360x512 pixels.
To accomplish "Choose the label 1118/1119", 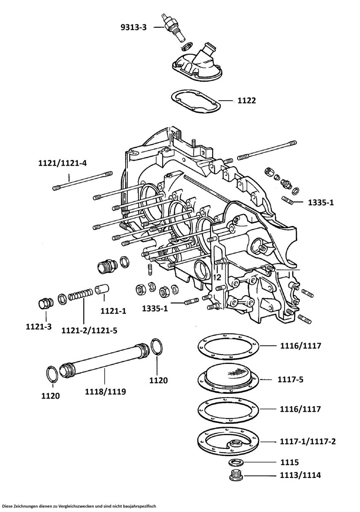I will [105, 391].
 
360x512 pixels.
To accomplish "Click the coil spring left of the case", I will [80, 295].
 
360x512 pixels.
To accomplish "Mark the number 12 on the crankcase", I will [217, 277].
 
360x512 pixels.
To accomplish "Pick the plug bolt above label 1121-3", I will [44, 304].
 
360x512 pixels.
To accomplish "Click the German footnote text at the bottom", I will [79, 506].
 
